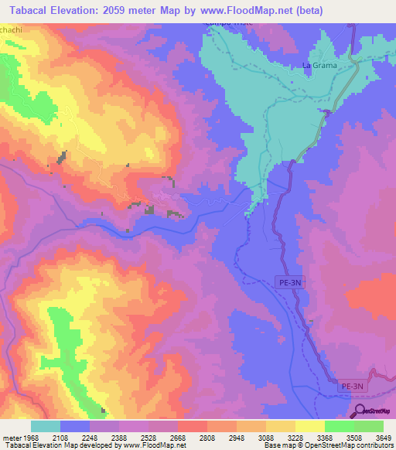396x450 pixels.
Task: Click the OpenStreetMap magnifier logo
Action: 360,410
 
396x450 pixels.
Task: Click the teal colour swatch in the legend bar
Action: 46,426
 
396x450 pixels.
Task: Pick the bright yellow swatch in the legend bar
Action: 310,426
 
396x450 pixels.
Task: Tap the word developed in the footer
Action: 94,445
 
